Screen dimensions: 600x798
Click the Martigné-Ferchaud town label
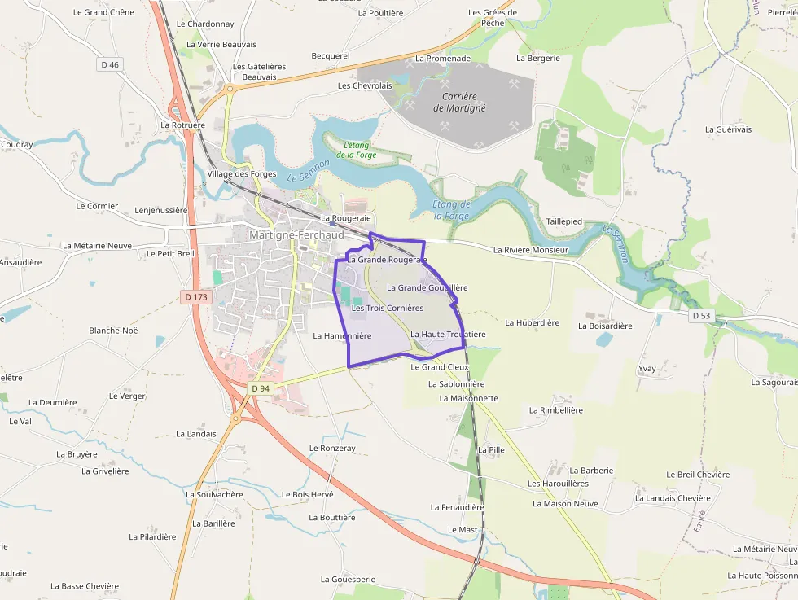click(297, 235)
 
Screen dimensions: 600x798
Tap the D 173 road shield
click(198, 297)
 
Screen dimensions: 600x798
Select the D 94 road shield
click(260, 388)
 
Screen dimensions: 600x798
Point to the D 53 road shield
click(701, 315)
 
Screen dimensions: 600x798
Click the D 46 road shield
click(110, 64)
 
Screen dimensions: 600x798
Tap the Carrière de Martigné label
click(459, 102)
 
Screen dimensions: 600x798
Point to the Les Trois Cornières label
click(388, 309)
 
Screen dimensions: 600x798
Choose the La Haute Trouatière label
click(448, 335)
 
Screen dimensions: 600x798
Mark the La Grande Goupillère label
click(427, 287)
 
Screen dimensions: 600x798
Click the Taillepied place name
click(564, 221)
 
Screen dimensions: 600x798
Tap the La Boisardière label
click(605, 326)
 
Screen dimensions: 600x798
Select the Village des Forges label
click(242, 174)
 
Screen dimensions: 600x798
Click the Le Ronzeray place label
click(332, 449)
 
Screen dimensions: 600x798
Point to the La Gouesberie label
click(348, 580)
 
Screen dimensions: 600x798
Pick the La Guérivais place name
click(729, 129)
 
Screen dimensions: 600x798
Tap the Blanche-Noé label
click(113, 331)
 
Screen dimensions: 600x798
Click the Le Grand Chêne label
click(103, 12)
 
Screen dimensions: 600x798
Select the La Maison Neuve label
click(565, 504)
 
